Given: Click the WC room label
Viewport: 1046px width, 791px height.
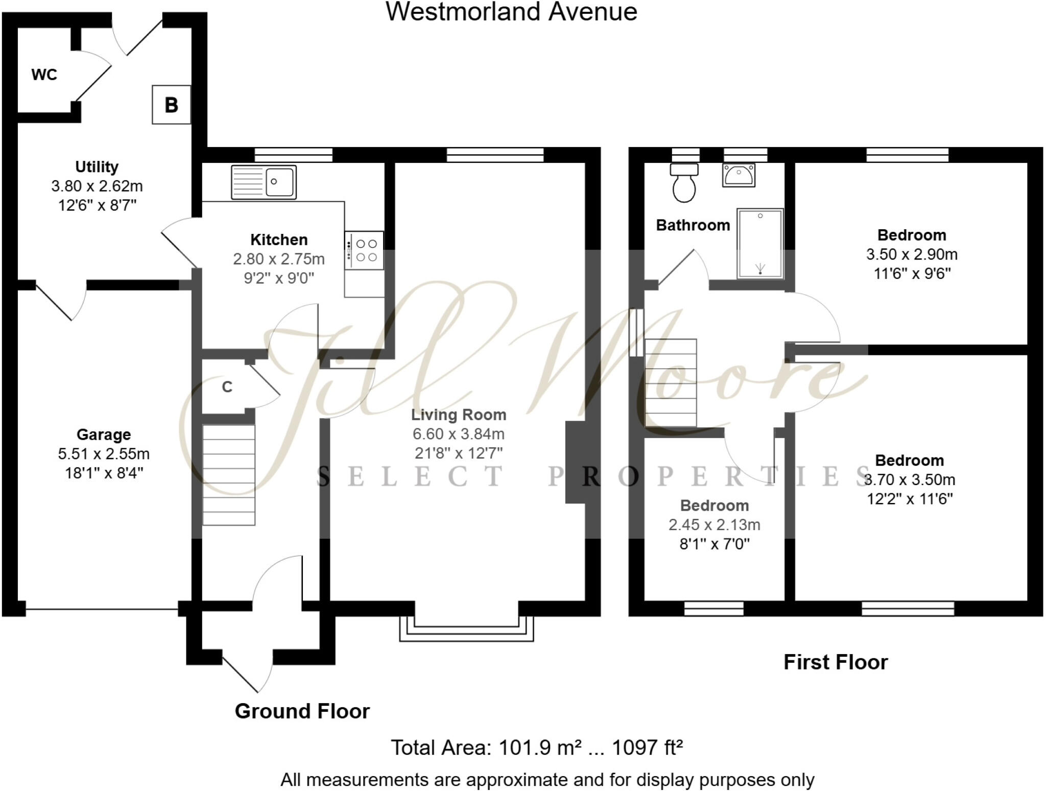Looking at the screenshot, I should (44, 75).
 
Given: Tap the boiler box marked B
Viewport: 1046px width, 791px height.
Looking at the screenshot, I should (171, 105).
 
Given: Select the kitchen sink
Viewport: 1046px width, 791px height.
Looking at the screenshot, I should (264, 181).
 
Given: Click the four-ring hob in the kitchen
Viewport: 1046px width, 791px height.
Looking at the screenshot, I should (364, 250).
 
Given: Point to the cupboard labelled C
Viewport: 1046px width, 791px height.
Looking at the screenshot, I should (227, 387).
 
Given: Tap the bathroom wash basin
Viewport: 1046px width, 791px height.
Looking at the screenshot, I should (739, 175).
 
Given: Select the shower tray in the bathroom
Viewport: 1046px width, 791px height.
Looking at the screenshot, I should (760, 244).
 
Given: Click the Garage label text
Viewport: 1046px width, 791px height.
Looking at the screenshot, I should (104, 435).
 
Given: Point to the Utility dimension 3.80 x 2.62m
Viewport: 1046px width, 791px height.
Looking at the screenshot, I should (97, 186).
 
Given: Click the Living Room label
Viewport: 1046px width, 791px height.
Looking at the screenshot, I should (459, 415).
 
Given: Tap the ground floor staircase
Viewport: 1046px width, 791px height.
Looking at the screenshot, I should (229, 475).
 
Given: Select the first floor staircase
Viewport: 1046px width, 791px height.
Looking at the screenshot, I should (671, 383).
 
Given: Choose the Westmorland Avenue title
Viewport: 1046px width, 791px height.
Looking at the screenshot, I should (511, 12).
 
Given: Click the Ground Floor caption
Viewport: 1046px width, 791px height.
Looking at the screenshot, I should (302, 711).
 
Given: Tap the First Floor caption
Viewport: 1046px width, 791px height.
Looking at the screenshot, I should (836, 662).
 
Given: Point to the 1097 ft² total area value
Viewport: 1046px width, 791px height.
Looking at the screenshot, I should (647, 748).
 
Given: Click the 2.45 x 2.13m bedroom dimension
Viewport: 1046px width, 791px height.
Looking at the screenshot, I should (714, 524).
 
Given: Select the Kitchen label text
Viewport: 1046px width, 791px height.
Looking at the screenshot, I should (279, 239).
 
